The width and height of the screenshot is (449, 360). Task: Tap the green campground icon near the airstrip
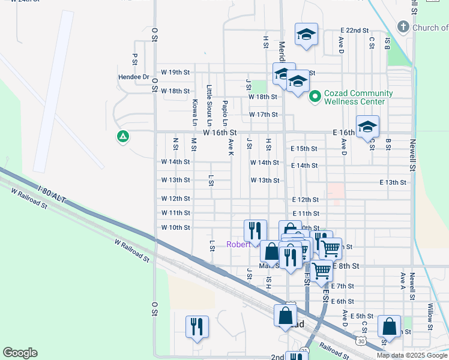coord(123,137)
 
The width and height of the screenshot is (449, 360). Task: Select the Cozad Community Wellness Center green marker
coord(314,97)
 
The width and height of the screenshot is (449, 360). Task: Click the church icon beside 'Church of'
coord(403,27)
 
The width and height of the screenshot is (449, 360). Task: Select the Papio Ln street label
coord(224,110)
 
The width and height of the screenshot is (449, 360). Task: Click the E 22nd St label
coord(354,30)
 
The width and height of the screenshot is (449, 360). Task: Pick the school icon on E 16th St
coord(367,127)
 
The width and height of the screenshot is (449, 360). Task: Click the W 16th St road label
coord(220,132)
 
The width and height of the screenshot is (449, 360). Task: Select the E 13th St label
coord(393,182)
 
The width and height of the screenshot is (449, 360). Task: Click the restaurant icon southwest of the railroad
coord(197,326)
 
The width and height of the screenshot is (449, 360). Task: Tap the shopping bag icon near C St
coord(389,326)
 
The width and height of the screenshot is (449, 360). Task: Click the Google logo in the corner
coord(20,353)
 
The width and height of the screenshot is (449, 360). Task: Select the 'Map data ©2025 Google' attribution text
coord(412,355)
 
